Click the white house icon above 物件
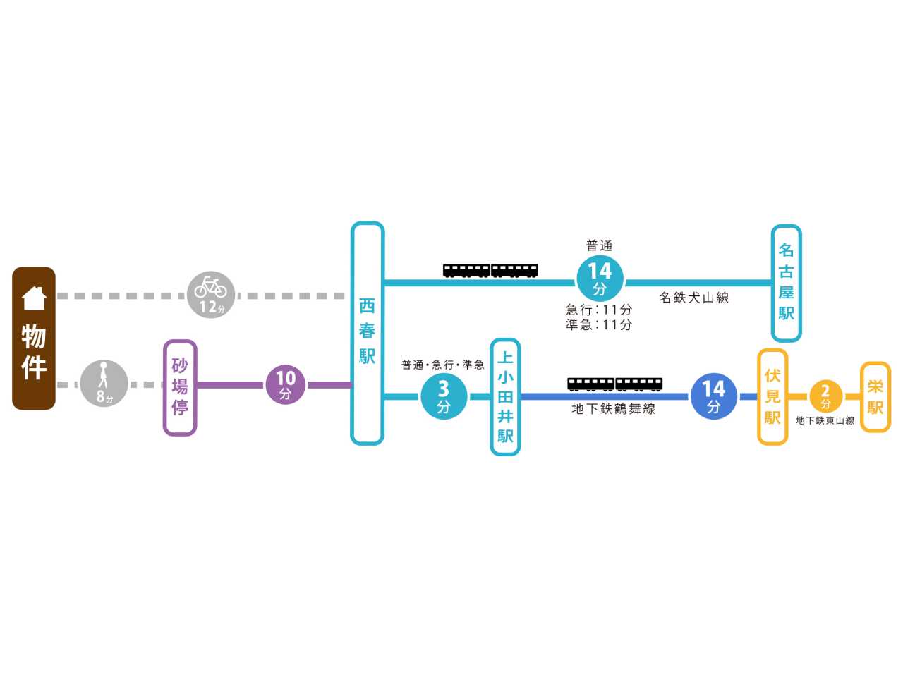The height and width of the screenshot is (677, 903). [34, 298]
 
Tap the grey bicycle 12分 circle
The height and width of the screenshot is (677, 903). [211, 294]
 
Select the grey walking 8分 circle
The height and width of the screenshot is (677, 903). [104, 383]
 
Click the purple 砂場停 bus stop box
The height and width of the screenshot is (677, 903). [180, 388]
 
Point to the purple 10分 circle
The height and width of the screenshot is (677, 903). [285, 384]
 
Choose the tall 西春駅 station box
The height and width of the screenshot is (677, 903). [367, 334]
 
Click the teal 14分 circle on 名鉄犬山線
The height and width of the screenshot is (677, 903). [600, 279]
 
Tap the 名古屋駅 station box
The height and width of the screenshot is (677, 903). [786, 283]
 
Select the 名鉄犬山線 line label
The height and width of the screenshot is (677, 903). [694, 298]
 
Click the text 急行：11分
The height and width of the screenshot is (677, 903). [598, 310]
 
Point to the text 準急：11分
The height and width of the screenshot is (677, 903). [598, 324]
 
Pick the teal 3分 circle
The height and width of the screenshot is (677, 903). [444, 396]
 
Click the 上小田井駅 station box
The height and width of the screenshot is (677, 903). [505, 397]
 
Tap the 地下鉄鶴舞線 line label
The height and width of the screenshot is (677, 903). [613, 409]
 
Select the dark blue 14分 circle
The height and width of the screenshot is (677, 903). [713, 396]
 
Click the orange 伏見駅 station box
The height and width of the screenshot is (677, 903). [772, 396]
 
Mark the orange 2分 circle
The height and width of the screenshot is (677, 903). [825, 396]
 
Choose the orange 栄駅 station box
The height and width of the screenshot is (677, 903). [875, 396]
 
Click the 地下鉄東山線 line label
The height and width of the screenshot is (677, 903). [825, 420]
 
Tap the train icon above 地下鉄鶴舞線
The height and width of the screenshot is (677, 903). [614, 384]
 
